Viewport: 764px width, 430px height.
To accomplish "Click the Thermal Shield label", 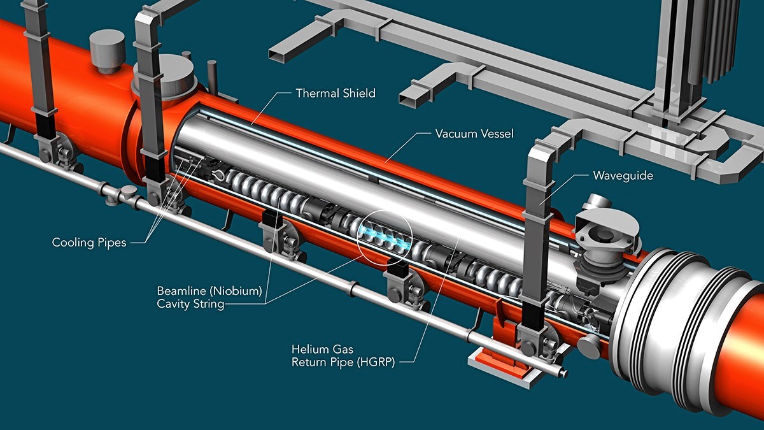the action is pyautogui.click(x=336, y=93).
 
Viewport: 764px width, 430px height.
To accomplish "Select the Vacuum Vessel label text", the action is pyautogui.click(x=474, y=133).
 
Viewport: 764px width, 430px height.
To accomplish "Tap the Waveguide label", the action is pyautogui.click(x=623, y=176).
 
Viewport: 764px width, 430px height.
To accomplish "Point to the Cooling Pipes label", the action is pyautogui.click(x=89, y=243).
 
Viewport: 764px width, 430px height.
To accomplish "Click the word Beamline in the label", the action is pyautogui.click(x=181, y=290).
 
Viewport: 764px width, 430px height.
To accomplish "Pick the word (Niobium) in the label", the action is pyautogui.click(x=236, y=291).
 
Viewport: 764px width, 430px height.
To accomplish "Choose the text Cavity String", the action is pyautogui.click(x=190, y=304).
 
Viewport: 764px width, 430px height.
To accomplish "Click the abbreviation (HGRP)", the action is pyautogui.click(x=375, y=362).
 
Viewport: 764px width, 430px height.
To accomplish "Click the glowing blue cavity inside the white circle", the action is pyautogui.click(x=384, y=236).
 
